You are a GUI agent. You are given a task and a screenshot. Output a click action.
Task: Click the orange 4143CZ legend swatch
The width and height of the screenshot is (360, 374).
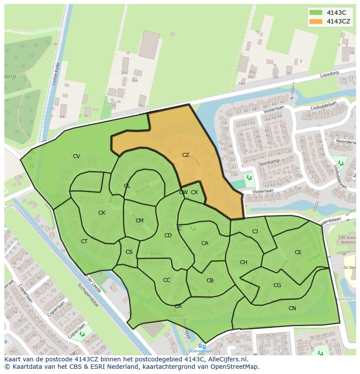point(316,21)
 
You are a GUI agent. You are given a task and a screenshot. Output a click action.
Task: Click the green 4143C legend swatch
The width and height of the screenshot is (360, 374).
point(316,13)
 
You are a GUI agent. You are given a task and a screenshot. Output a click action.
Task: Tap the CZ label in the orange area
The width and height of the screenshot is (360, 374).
point(186,155)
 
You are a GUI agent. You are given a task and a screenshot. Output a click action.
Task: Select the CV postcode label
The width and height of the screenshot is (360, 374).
point(77,156)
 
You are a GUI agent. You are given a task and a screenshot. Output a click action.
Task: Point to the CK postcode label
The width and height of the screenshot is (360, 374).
point(102,213)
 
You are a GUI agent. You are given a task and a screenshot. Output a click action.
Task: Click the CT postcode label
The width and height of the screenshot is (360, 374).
point(84,242)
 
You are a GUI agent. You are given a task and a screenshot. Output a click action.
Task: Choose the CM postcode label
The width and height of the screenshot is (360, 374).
point(140,221)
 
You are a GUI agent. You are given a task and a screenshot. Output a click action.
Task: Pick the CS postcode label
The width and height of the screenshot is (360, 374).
point(129,252)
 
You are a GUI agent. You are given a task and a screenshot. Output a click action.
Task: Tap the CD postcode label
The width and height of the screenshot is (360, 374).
point(168,235)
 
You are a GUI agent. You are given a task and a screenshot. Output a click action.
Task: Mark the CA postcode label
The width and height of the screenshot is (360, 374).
point(205,243)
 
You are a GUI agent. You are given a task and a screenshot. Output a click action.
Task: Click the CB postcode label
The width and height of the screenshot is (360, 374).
point(210,281)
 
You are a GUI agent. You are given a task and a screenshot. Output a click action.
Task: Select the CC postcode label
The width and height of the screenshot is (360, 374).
point(167,280)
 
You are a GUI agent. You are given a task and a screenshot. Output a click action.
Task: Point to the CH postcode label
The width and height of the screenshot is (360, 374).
point(243,262)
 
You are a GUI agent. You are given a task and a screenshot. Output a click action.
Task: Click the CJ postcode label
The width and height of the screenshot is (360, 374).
point(255,232)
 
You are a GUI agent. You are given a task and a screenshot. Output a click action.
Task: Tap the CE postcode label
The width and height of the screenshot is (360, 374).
point(298,252)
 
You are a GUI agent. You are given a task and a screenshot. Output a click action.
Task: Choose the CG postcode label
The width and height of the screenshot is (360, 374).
point(277,285)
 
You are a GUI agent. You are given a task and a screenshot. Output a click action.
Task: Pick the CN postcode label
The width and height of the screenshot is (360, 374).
point(292,308)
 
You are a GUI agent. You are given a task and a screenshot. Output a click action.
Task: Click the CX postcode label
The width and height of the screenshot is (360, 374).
point(194,192)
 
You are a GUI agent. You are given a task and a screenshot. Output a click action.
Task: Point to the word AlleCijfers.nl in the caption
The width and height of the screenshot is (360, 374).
point(227,359)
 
